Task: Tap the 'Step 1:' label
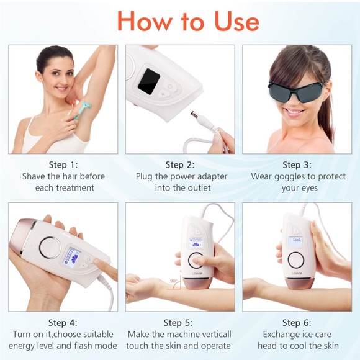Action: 63,164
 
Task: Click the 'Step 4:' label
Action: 63,322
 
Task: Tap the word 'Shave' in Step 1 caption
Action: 34,176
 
